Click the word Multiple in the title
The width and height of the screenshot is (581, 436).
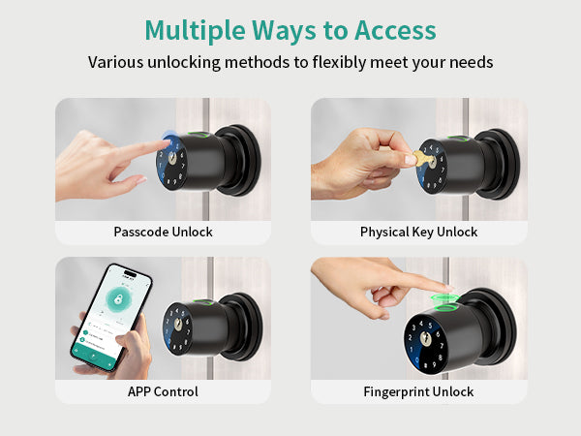(x=195, y=31)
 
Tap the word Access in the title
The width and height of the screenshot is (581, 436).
(x=395, y=30)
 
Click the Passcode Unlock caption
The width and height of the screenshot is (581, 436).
(x=163, y=232)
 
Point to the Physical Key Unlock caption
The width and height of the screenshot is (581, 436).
(x=418, y=233)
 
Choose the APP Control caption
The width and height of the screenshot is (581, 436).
(x=163, y=391)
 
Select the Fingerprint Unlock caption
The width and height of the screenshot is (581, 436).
(x=418, y=391)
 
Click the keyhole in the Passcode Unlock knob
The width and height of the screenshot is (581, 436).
(x=172, y=159)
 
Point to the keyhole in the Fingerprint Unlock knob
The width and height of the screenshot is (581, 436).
(x=425, y=339)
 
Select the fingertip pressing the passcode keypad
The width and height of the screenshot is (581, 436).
(x=164, y=142)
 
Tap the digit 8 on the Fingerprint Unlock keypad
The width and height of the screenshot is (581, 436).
(x=441, y=358)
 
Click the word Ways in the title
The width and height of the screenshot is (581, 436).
(x=284, y=31)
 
